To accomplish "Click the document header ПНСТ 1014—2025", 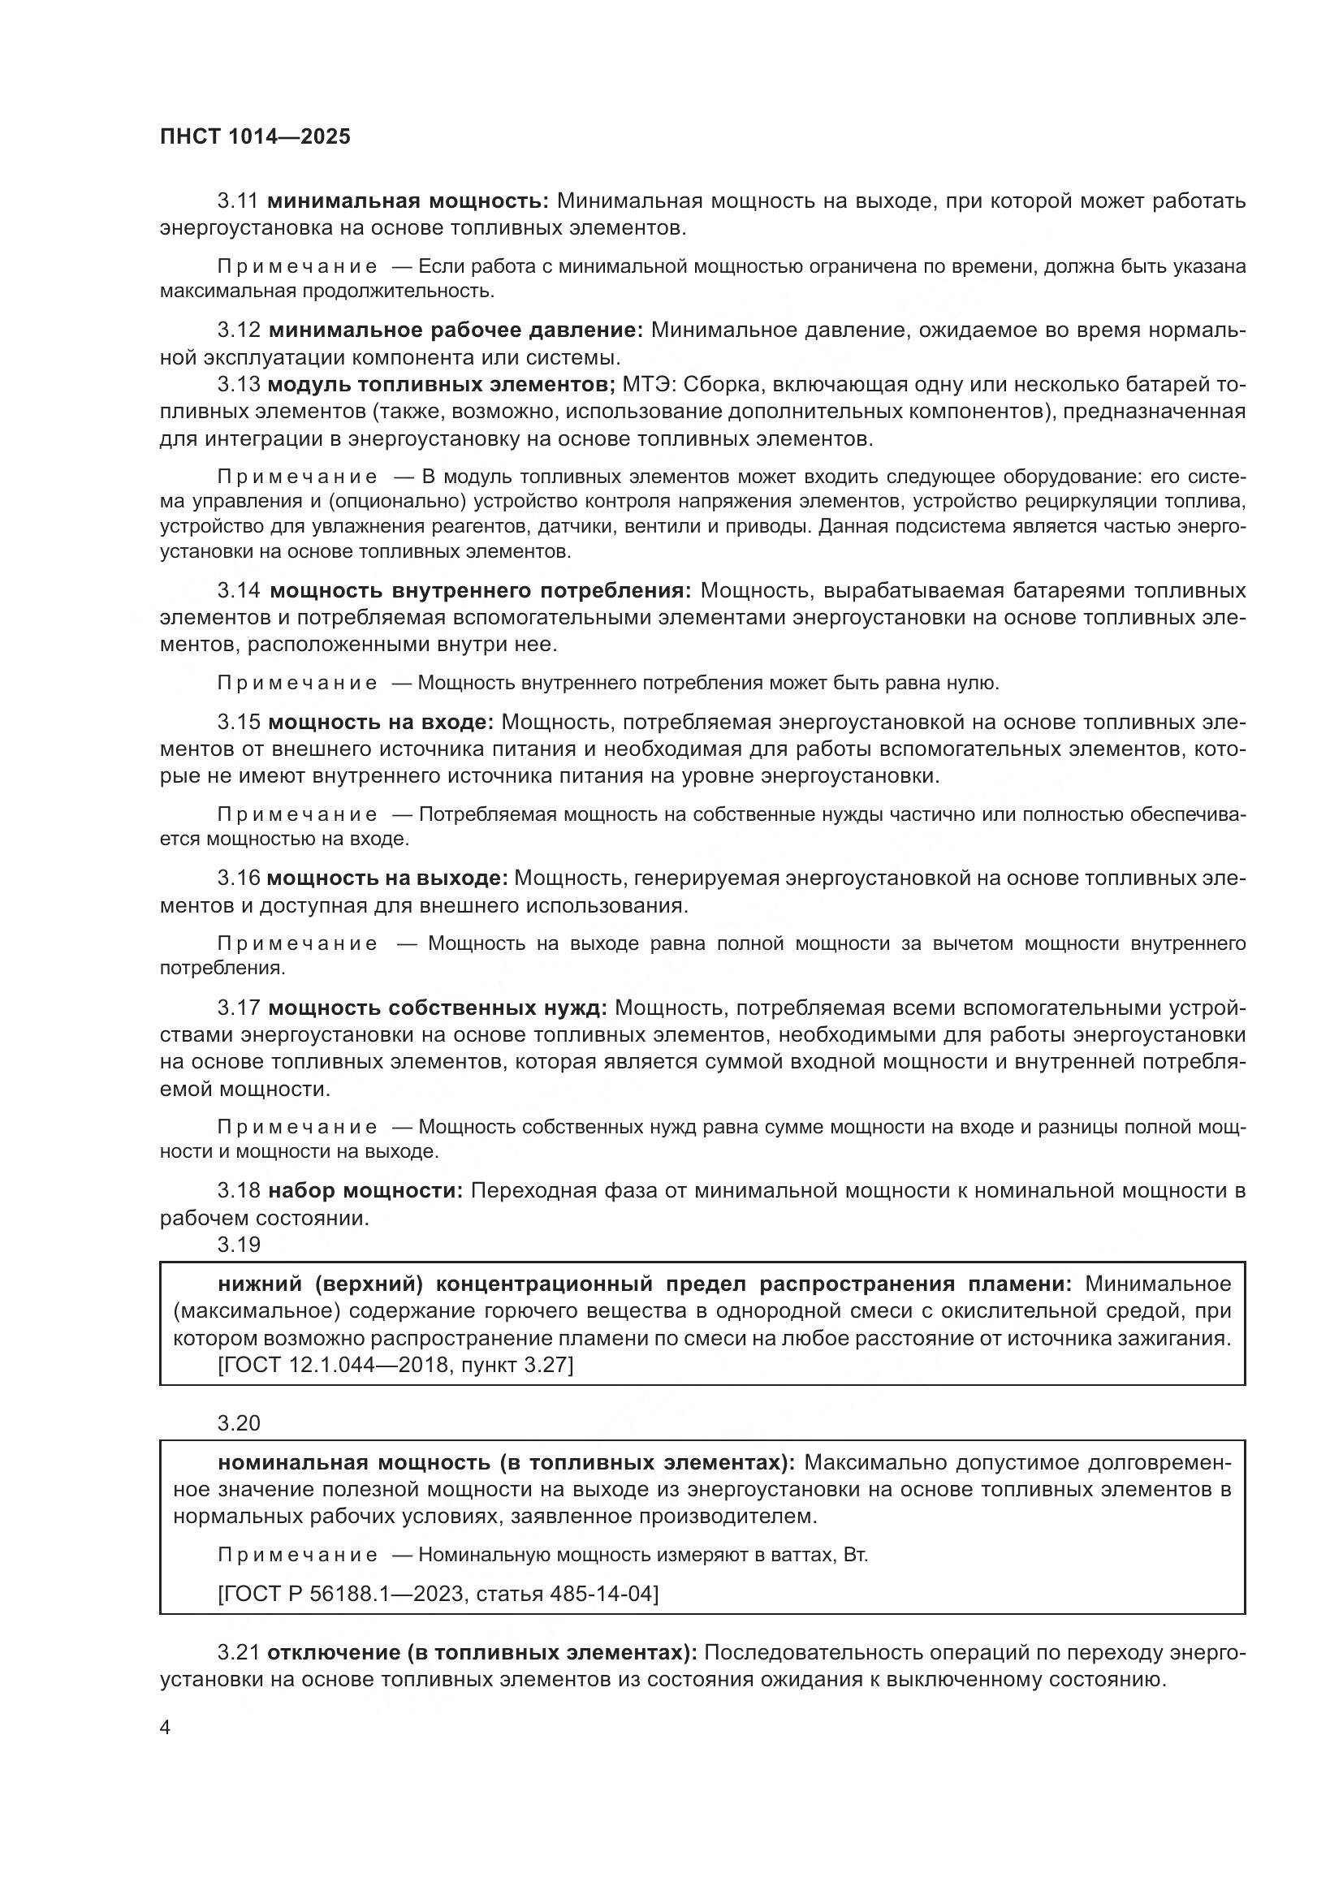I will (x=255, y=136).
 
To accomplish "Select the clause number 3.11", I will (x=239, y=201).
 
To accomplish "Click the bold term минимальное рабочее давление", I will (x=456, y=330).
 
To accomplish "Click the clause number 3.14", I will (x=239, y=590).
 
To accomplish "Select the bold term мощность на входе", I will (x=380, y=722).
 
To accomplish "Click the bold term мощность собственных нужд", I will (x=438, y=1008).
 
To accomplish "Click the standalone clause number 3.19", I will (x=239, y=1245).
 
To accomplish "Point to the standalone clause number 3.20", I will (x=239, y=1423).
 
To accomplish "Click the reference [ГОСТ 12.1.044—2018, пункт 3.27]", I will (x=395, y=1365).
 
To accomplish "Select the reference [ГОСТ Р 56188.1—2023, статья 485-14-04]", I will (x=438, y=1594).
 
